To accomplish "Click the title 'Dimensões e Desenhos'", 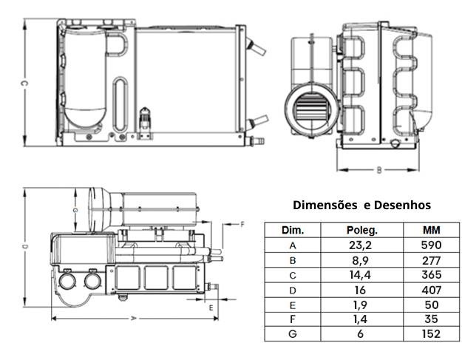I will click(361, 205).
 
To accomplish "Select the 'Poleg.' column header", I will click(362, 230).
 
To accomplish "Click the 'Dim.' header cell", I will click(293, 230).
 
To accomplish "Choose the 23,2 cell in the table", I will click(362, 245).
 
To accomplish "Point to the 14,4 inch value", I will click(362, 275).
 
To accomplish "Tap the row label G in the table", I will click(293, 334).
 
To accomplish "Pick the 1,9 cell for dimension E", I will click(362, 305).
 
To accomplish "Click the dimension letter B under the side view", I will click(378, 170).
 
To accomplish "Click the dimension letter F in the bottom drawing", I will click(242, 223).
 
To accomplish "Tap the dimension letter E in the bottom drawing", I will click(211, 305).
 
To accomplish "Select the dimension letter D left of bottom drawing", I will click(24, 246).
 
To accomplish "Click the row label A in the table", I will click(293, 245).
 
